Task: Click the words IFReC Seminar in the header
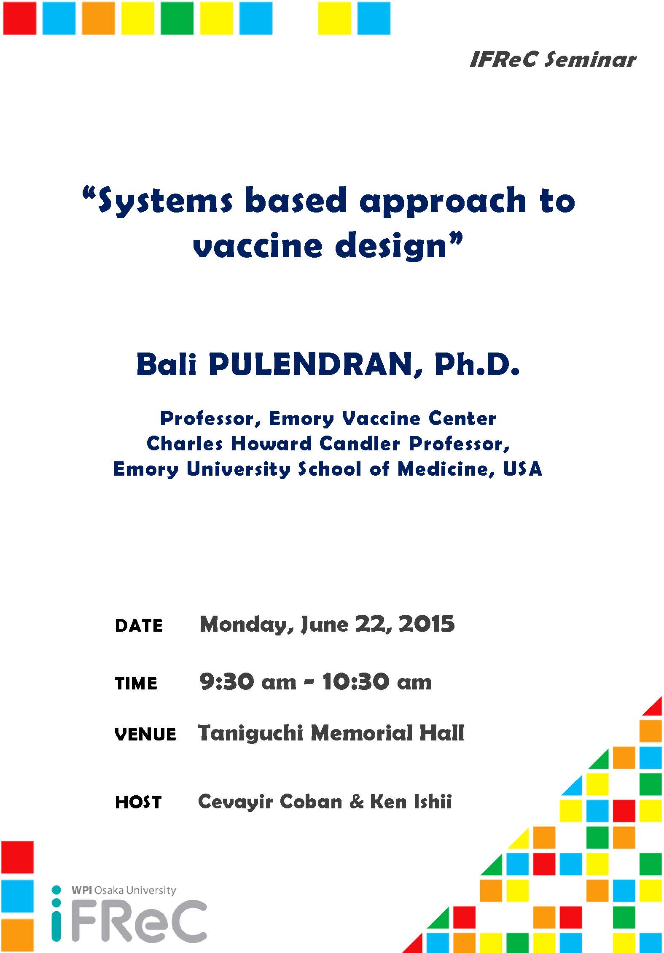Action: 553,59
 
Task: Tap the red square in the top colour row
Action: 19,18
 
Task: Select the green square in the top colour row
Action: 177,18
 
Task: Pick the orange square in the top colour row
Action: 98,18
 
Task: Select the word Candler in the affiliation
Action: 360,444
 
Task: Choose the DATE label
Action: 139,626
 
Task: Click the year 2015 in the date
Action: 427,624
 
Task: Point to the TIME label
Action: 136,683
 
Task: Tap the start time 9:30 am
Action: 248,682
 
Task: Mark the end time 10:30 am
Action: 377,682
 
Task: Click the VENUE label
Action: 145,735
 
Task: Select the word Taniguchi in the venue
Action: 250,734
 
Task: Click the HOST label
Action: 138,802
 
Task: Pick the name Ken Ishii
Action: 411,802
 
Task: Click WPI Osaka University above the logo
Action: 124,891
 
